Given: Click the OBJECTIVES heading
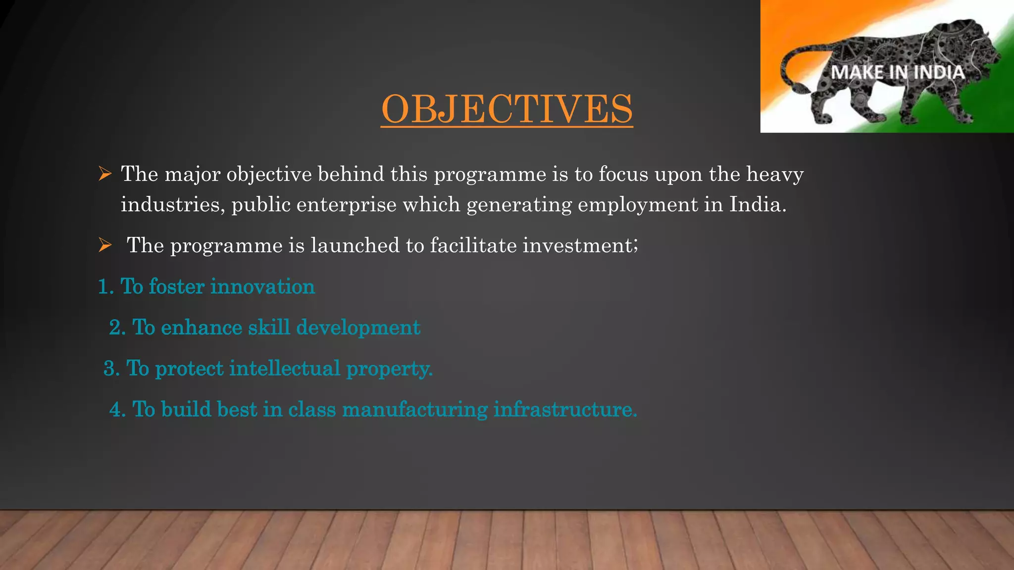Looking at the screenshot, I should coord(507,109).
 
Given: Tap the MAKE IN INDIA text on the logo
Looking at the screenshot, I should coord(897,73).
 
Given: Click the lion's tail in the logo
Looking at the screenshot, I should coord(792,74).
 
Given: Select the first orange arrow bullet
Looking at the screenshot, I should coord(104,174).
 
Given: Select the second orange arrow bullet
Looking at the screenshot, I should coord(104,245).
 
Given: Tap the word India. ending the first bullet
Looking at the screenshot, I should coord(758,204).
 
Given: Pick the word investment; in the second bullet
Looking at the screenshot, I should coord(580,245).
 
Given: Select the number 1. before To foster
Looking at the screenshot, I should coord(106,287).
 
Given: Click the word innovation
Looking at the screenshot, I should coord(263,287).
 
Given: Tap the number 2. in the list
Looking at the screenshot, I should coord(117,328).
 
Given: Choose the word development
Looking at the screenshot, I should coord(358,328).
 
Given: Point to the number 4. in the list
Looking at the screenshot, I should coord(118,410).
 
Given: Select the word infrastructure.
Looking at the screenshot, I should coord(565,410).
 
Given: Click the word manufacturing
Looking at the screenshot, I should coord(415,410).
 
